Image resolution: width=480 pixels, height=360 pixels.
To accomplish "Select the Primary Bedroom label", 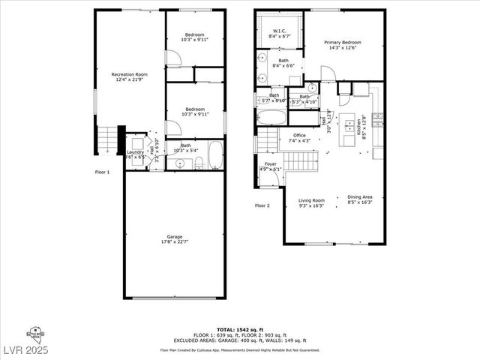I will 342,43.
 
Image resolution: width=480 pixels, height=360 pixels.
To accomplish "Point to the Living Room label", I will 311,200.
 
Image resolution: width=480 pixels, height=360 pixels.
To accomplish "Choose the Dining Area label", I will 359,198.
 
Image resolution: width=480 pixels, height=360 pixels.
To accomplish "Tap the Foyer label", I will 269,163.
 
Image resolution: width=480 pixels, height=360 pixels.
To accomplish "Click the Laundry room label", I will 135,152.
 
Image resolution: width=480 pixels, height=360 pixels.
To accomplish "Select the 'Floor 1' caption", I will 102,172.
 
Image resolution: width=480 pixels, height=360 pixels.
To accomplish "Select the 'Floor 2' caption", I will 262,205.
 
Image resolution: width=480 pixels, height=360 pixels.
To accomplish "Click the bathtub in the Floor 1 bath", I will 215,155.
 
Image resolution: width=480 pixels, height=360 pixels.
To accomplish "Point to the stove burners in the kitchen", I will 377,118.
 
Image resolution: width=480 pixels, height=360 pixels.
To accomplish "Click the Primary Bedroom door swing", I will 328,73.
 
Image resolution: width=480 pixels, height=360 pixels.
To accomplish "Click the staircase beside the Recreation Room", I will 109,139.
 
